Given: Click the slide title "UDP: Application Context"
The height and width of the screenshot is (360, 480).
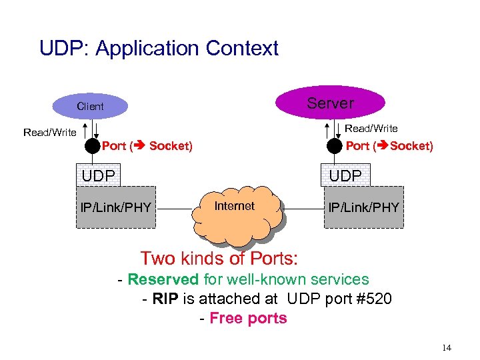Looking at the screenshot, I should (159, 49).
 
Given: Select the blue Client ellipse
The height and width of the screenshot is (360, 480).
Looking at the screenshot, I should (90, 106).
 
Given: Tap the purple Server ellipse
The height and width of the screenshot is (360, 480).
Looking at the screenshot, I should (330, 103).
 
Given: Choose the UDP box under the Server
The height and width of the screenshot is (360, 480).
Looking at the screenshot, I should (345, 175).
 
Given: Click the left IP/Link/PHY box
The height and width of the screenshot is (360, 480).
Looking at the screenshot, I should (115, 207).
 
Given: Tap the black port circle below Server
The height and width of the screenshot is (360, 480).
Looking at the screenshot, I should (335, 146).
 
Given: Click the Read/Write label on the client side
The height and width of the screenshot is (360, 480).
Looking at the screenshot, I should (50, 132).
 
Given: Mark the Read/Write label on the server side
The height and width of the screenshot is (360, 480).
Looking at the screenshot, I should (371, 128).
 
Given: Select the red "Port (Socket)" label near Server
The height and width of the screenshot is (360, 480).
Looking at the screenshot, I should (389, 146).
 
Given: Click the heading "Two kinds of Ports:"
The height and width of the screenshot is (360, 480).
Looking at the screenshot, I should (219, 258).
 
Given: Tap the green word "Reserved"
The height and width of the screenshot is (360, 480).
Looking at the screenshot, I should (163, 279).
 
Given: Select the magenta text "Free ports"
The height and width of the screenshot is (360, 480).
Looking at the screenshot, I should (248, 318).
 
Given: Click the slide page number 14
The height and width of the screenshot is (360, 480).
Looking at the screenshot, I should (446, 348).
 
